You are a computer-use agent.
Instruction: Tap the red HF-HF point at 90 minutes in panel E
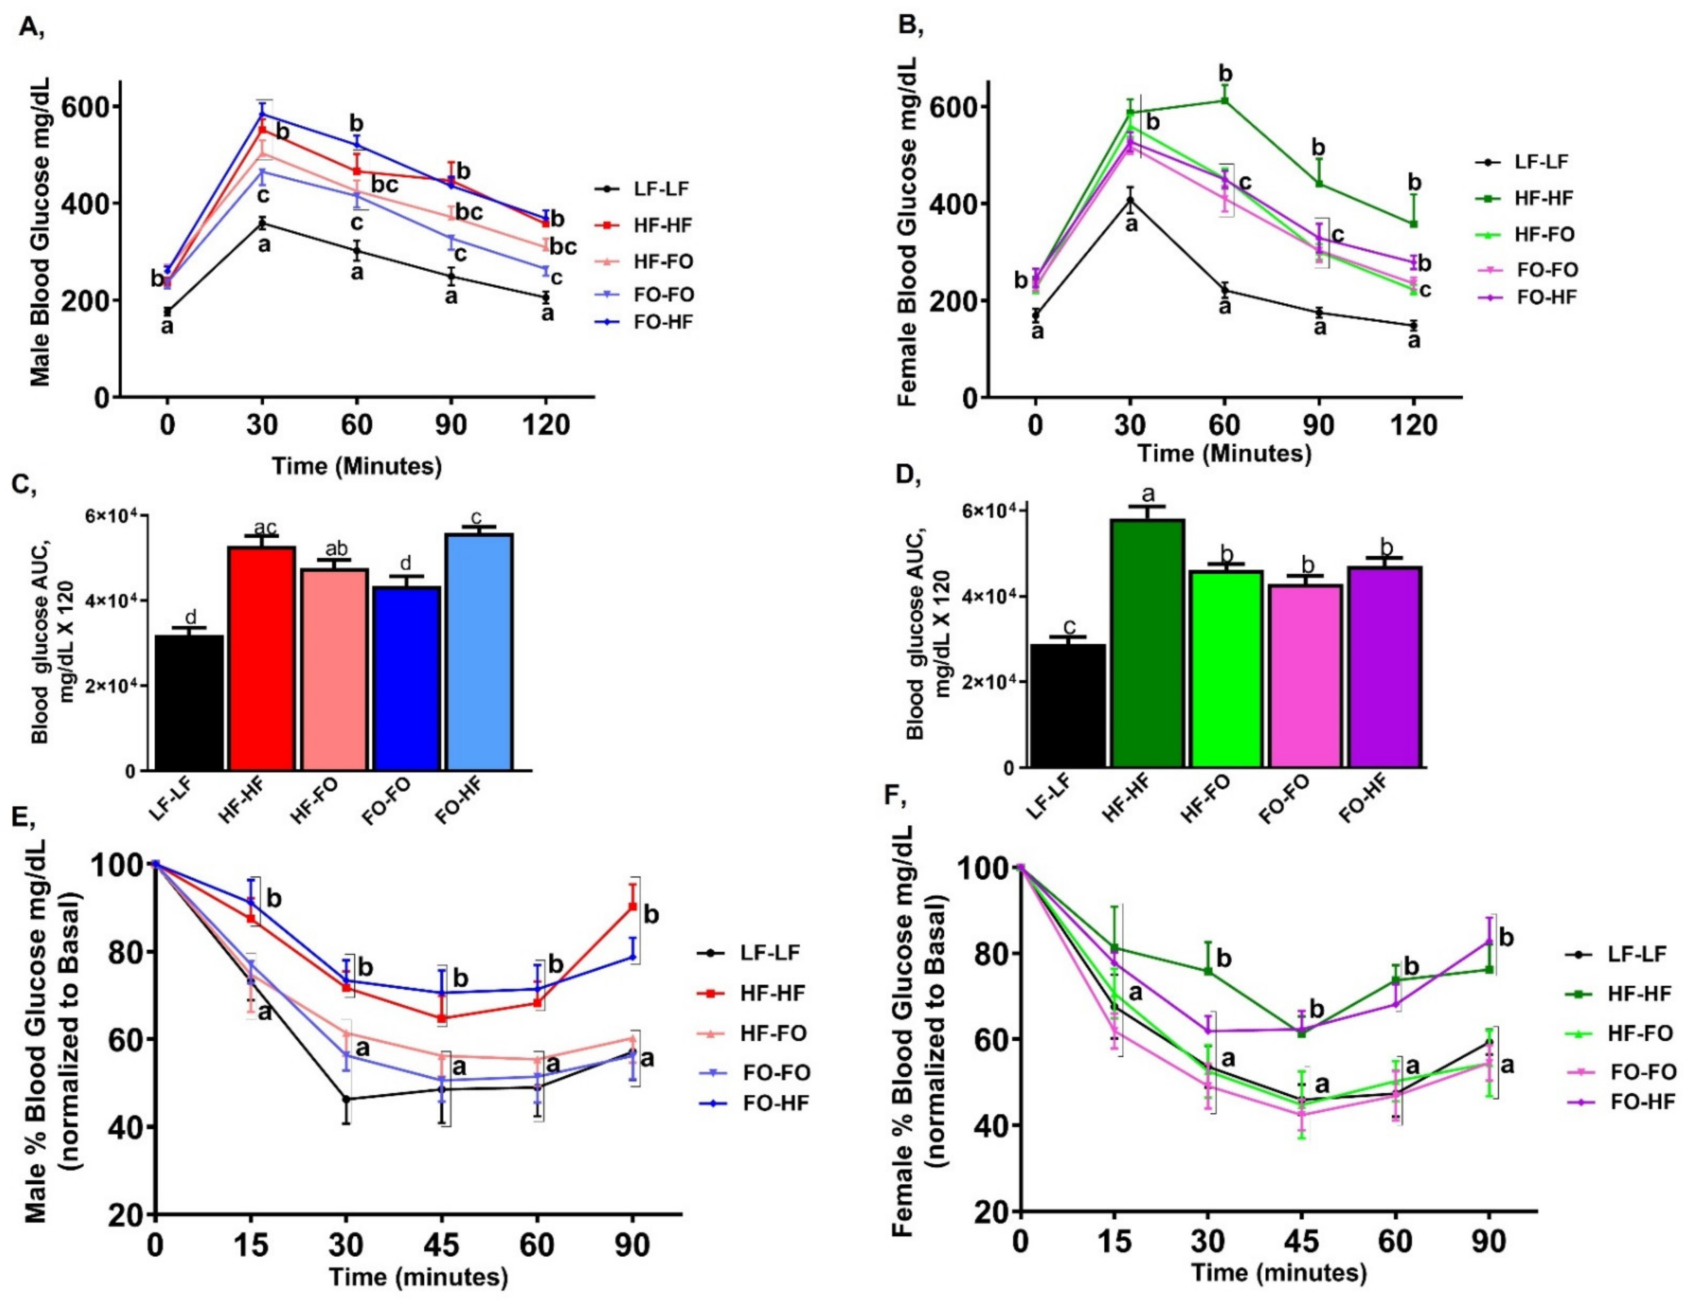coord(632,906)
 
